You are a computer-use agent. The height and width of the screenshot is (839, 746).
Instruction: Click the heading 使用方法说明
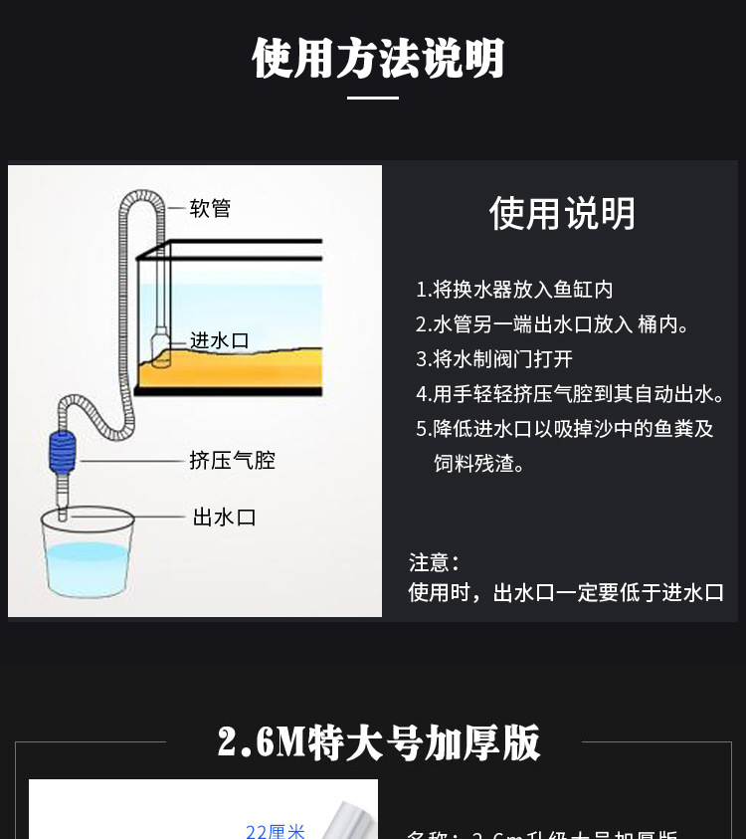point(378,59)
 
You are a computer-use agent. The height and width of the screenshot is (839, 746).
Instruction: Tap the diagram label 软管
point(210,209)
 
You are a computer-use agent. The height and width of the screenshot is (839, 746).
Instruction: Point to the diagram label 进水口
point(219,340)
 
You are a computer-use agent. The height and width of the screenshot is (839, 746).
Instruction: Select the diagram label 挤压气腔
point(232,460)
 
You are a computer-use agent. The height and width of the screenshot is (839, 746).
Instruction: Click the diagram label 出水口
point(224,518)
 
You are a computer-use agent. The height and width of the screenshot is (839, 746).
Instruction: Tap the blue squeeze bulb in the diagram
point(61,453)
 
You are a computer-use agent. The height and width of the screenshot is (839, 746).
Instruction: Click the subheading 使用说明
point(562,214)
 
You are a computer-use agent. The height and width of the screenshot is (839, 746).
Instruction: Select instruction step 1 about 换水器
point(514,290)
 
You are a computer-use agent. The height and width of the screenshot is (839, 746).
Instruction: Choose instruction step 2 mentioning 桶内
point(552,324)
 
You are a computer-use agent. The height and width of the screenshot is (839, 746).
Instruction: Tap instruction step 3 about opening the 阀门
point(494,359)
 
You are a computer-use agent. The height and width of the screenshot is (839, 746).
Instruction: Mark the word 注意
point(434,562)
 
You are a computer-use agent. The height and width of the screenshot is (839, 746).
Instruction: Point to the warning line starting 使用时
point(566,593)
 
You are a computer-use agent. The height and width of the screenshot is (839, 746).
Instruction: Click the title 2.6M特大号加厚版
point(379,742)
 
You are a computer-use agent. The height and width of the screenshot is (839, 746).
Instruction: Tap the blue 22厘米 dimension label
point(276,831)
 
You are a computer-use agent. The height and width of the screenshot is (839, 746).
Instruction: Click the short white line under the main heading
point(373,98)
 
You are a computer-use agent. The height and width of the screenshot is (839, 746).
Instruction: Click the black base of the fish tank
point(229,390)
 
